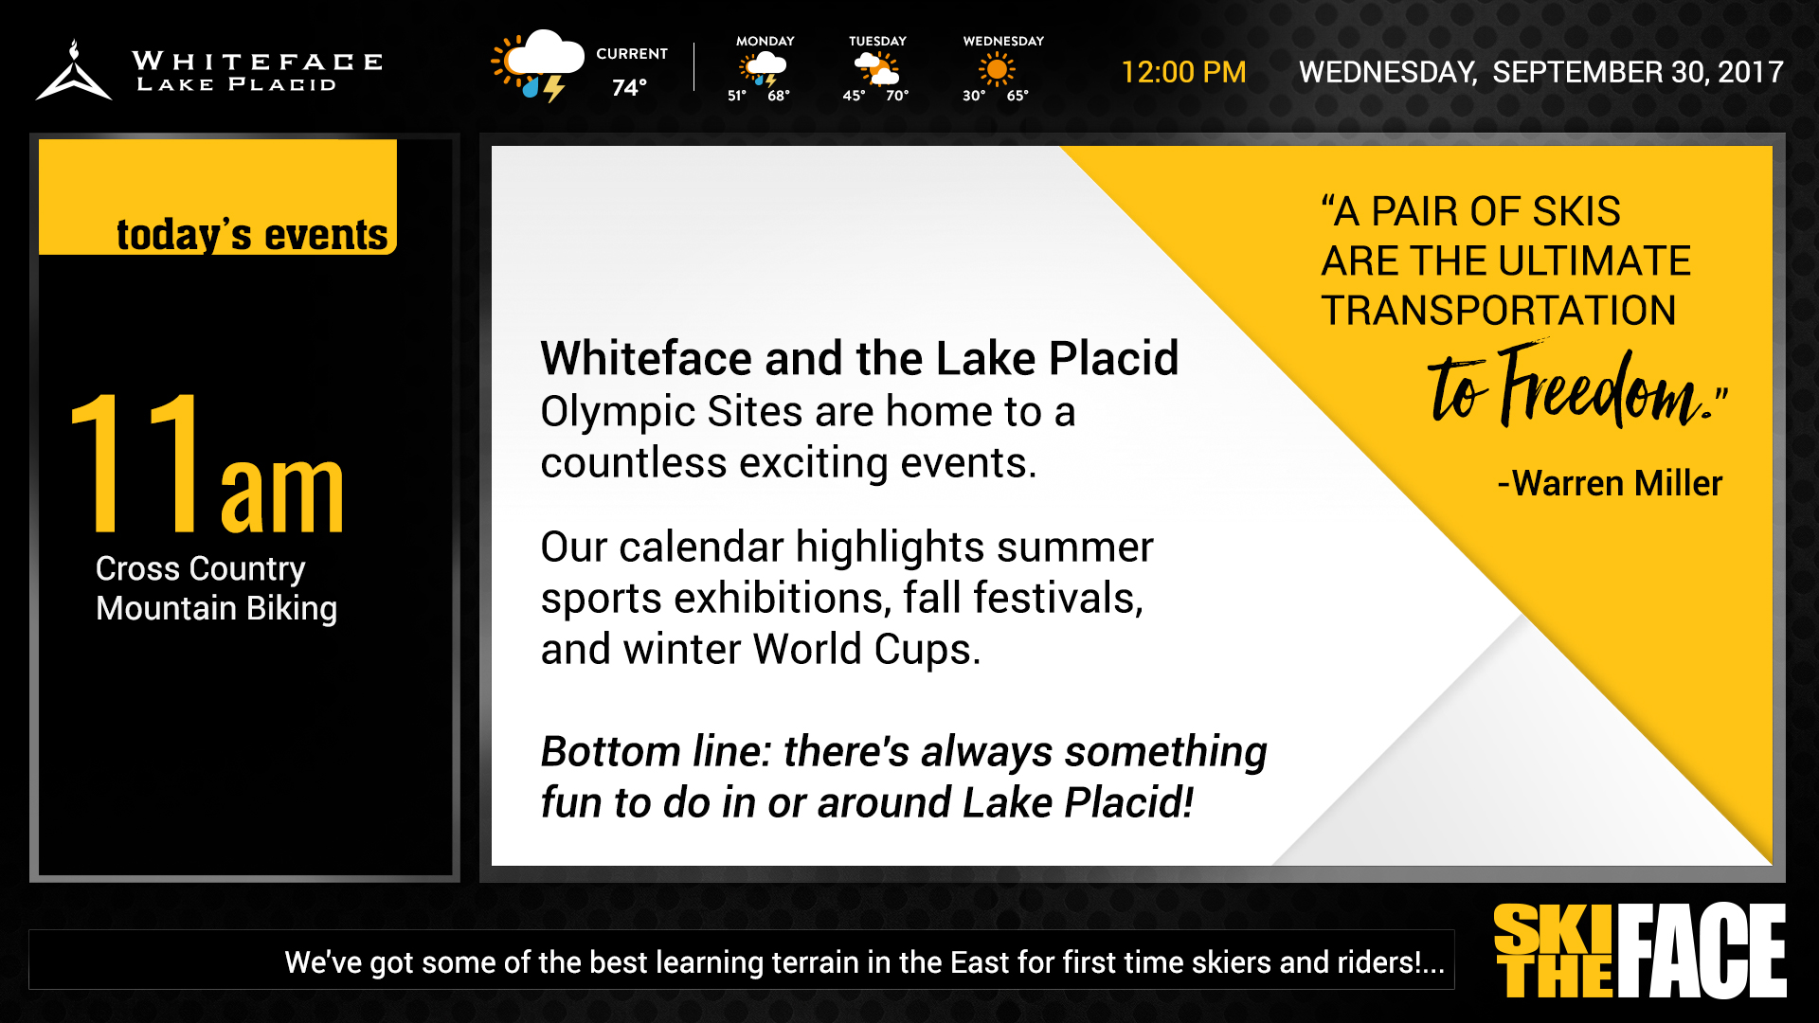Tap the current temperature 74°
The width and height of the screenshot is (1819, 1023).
[629, 88]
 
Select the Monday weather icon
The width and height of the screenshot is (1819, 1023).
[764, 69]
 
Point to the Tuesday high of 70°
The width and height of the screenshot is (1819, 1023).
[896, 96]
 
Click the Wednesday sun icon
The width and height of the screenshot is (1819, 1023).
[996, 69]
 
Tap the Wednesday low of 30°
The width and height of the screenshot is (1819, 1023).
[974, 96]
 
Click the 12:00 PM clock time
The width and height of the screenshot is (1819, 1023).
[1183, 72]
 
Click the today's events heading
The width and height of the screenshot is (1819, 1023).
[252, 235]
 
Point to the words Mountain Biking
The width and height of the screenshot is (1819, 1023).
[216, 608]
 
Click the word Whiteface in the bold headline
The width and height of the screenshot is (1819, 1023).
[646, 359]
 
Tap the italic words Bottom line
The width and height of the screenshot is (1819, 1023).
[656, 752]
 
